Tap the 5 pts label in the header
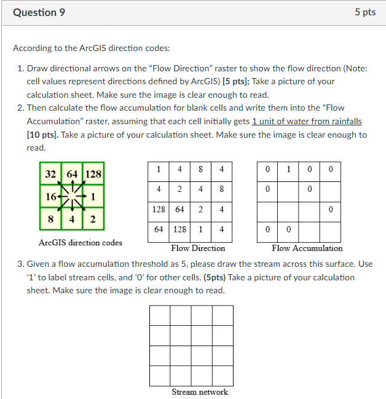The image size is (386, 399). point(364,12)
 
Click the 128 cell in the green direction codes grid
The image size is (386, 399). point(92,174)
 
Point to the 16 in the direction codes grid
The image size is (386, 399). point(50,197)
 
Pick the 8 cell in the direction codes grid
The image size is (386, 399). point(52,219)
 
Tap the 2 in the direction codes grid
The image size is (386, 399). point(92,219)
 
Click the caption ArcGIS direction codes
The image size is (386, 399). point(80,242)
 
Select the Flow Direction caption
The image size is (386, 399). point(197,248)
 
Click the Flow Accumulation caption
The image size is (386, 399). point(307,248)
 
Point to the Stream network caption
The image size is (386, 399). point(200,392)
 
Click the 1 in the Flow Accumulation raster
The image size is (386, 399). point(288,168)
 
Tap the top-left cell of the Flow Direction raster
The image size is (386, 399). point(159,168)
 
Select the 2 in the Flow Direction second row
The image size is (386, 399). point(180,189)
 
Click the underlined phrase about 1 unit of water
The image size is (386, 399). point(307,121)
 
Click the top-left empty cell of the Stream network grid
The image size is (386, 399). point(159,315)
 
